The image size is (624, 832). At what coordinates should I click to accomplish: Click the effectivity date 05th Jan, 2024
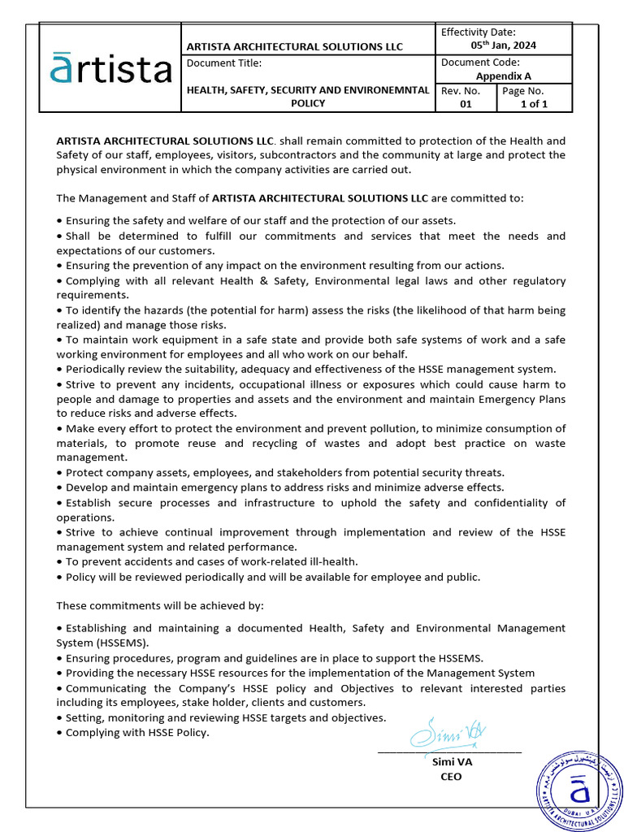pos(504,45)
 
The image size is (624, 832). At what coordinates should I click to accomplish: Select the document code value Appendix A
pos(504,76)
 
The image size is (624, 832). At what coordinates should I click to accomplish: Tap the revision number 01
pos(466,104)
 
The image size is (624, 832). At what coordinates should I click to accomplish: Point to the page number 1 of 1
pos(534,104)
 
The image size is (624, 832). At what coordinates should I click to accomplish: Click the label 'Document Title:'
pos(224,63)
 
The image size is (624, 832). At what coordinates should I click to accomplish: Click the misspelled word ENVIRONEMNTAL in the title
pos(382,90)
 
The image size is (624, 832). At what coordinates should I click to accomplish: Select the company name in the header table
pos(295,47)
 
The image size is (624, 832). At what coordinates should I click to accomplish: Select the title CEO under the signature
pos(450,777)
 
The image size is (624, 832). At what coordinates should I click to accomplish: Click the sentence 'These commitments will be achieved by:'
pos(160,606)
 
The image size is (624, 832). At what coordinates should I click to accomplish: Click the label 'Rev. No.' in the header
pos(461,91)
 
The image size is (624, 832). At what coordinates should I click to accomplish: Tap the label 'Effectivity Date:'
pos(479,32)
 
